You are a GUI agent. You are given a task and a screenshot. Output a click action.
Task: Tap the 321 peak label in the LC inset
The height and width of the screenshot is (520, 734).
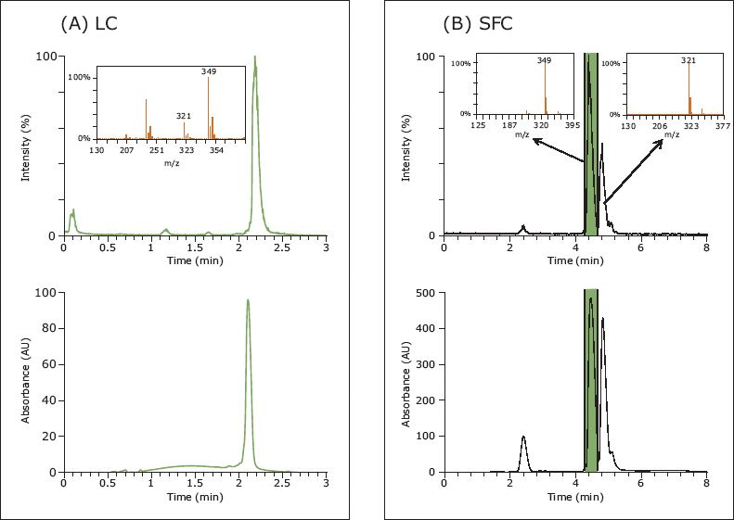[184, 116]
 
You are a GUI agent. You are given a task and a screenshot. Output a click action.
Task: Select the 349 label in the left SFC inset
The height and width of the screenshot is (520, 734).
[544, 61]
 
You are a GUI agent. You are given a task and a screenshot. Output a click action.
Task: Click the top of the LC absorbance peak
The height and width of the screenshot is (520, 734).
[248, 300]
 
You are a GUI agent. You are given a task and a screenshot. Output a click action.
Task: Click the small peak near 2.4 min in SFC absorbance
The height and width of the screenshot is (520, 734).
[523, 438]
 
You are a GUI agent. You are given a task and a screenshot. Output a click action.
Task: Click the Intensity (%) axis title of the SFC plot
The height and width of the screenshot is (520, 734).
[406, 146]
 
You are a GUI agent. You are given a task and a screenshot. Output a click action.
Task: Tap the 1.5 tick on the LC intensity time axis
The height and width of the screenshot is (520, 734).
[195, 249]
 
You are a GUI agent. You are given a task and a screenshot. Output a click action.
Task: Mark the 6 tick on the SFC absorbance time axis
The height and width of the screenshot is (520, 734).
[641, 485]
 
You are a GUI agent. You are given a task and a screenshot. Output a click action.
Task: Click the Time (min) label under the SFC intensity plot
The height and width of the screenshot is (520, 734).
[575, 261]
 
